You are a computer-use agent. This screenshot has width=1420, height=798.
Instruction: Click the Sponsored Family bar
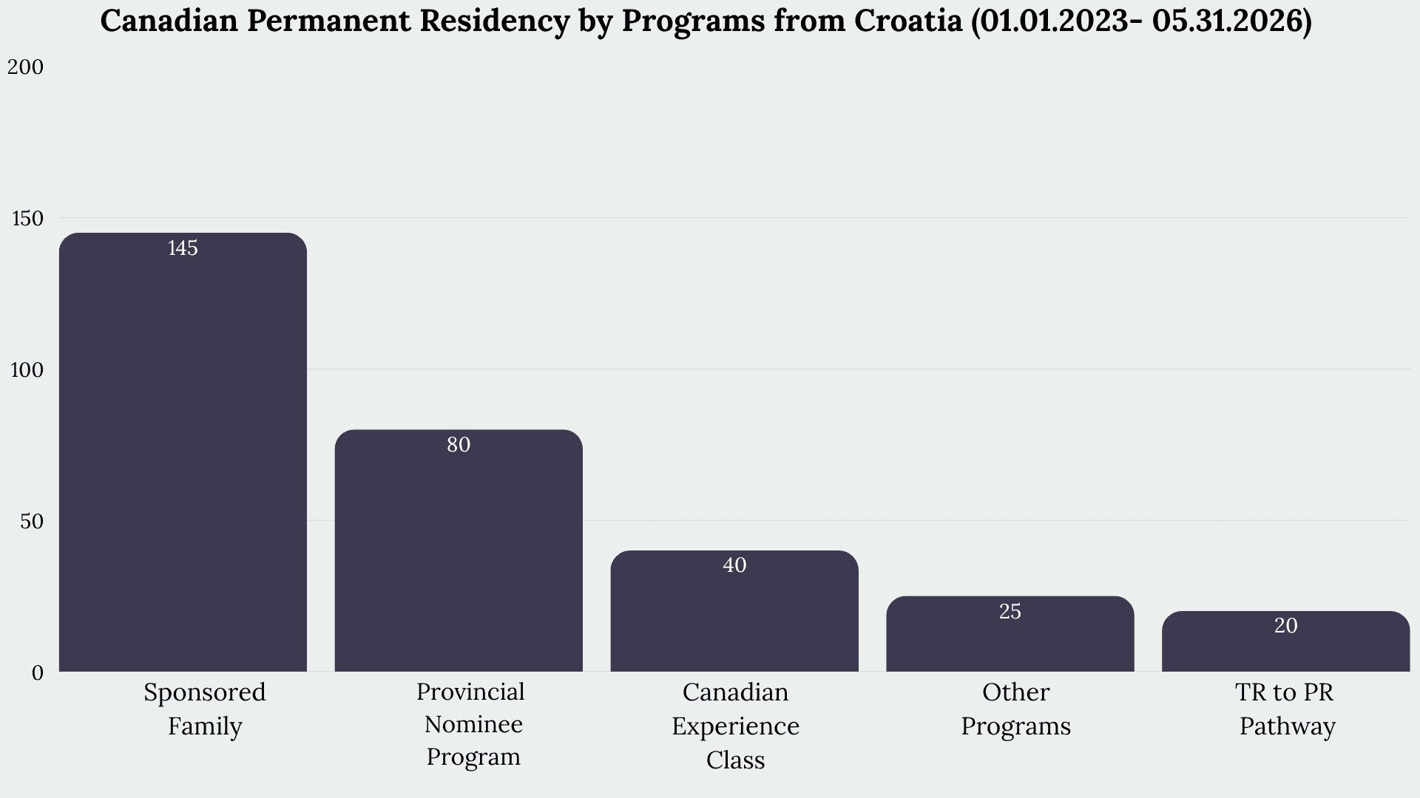click(x=183, y=452)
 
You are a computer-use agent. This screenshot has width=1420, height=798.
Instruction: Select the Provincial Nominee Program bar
click(x=459, y=550)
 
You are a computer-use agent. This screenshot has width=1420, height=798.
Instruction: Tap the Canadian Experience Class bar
click(x=734, y=611)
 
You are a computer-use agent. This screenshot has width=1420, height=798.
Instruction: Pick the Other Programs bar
click(x=1010, y=634)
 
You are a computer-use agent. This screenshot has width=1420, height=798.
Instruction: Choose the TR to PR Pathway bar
click(x=1286, y=641)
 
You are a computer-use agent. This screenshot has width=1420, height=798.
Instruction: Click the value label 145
click(x=183, y=248)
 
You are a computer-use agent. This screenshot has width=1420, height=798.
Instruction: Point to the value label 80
click(x=459, y=445)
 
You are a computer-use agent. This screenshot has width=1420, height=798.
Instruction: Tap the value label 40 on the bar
click(x=734, y=565)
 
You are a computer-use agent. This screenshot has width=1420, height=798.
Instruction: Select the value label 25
click(x=1010, y=612)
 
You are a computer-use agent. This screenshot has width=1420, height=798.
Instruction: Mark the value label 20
click(x=1286, y=626)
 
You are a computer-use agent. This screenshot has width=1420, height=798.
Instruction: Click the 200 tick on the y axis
click(x=26, y=67)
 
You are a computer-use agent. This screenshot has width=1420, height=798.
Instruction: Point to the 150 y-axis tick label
click(x=27, y=219)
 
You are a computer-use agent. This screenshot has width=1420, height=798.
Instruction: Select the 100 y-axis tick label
click(x=27, y=370)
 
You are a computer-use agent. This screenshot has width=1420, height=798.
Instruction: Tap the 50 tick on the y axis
click(x=32, y=522)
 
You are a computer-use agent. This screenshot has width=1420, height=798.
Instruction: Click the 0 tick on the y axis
click(x=38, y=673)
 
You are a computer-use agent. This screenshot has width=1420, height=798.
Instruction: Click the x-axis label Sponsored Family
click(x=205, y=709)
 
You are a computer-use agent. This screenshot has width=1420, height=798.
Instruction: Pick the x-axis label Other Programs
click(x=1016, y=709)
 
